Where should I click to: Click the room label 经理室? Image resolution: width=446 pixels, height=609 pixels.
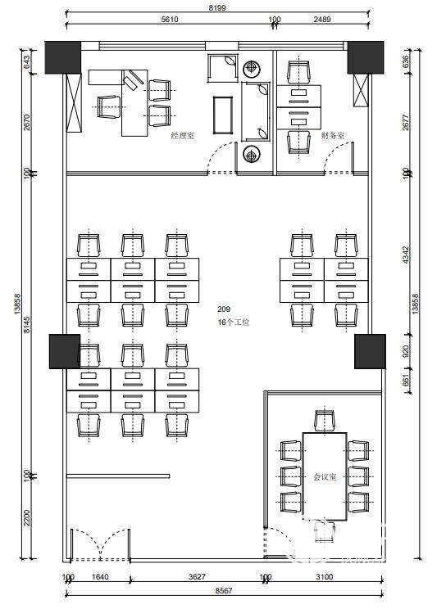tap(183, 136)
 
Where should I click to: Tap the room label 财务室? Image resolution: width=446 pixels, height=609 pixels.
tap(333, 136)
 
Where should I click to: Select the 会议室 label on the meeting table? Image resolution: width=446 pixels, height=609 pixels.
tap(325, 477)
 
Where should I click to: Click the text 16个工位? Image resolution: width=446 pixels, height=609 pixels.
tap(234, 322)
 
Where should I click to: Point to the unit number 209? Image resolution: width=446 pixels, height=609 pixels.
tap(224, 309)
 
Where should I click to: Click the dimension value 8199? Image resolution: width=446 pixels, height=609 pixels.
tap(217, 7)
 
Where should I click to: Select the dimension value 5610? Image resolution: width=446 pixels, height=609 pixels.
tap(170, 19)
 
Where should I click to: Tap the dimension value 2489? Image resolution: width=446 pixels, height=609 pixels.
tap(322, 19)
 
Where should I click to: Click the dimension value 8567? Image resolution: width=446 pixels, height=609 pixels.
tap(223, 591)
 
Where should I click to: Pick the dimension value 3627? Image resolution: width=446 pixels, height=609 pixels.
tap(197, 577)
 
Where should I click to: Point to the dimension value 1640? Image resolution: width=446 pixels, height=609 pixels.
tap(100, 577)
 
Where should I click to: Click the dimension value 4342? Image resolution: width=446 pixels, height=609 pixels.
tap(406, 255)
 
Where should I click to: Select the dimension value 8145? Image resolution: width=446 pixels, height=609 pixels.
tap(26, 324)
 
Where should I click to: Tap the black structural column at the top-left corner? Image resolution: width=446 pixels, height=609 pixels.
tap(62, 57)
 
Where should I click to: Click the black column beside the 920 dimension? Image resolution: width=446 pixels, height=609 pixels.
tap(370, 351)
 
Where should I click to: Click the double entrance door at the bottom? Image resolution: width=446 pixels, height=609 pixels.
tap(100, 544)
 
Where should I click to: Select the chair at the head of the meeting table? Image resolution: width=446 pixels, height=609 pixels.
tap(325, 420)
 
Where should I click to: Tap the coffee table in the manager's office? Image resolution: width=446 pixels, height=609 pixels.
tap(223, 115)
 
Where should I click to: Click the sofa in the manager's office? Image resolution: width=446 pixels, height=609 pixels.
tap(255, 111)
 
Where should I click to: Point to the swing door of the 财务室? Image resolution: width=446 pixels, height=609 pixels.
tap(339, 157)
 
